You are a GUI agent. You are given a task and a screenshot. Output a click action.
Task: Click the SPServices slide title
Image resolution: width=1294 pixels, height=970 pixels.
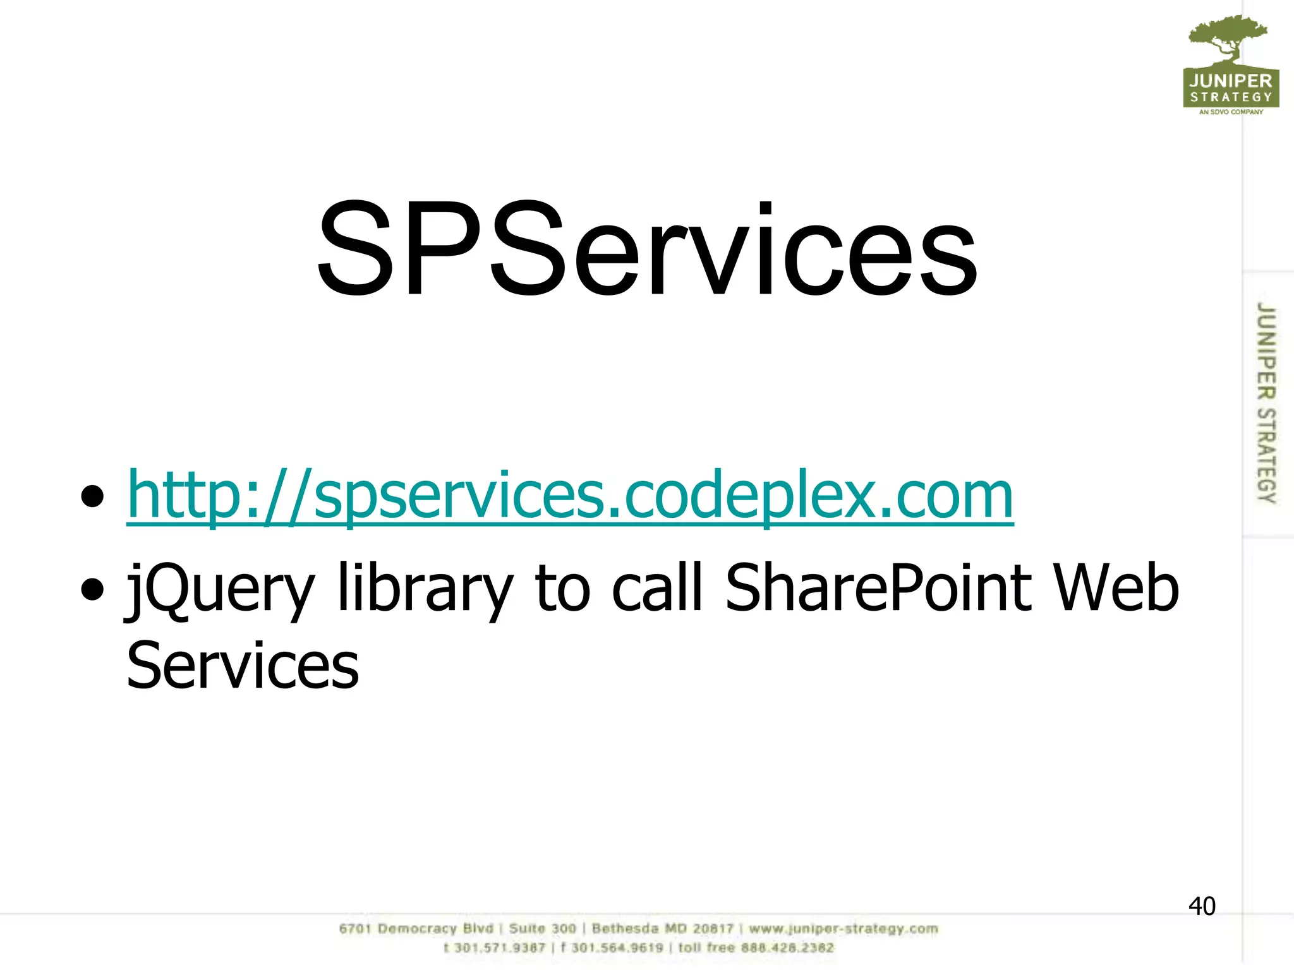coord(647,249)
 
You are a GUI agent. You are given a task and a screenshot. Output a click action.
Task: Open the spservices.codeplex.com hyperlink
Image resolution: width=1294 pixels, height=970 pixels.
coord(570,496)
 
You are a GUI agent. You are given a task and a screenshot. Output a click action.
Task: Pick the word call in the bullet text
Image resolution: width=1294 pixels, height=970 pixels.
coord(657,588)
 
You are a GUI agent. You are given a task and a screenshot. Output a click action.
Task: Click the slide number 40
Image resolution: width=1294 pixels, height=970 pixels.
coord(1202,906)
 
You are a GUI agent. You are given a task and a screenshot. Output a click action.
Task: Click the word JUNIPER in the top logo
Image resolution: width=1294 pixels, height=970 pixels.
coord(1230,81)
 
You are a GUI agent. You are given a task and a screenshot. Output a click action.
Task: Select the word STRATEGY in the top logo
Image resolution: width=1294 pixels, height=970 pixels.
coord(1231,97)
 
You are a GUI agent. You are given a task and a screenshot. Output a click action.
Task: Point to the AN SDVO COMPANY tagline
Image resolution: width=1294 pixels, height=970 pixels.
coord(1231,112)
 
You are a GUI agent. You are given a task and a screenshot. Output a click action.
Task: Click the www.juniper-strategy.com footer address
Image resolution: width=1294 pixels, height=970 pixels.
coord(844,929)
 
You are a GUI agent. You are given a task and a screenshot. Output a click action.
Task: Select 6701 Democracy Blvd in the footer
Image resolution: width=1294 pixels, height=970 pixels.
coord(416,929)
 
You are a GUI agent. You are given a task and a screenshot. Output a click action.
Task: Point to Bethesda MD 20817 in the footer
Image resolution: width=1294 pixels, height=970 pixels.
coord(663,929)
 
